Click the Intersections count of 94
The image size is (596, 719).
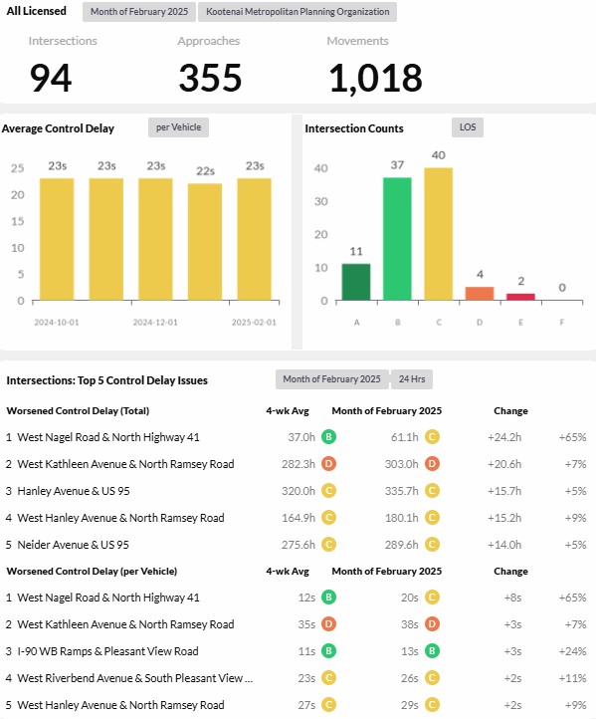coord(51,78)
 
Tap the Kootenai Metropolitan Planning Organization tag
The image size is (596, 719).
coord(298,12)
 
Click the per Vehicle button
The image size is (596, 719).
coord(178,127)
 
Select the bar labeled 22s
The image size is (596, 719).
coord(205,242)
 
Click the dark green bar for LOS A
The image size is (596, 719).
coord(356,282)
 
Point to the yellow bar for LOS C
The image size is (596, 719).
coord(439,234)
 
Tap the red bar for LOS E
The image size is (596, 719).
coord(520,297)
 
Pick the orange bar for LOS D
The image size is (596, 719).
coord(480,294)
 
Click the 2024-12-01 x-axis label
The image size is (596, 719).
coord(155,323)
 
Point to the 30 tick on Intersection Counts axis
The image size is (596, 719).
coord(320,201)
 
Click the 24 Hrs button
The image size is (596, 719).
coord(412,379)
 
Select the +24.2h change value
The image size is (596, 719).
coord(504,437)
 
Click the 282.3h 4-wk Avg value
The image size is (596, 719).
coord(298,464)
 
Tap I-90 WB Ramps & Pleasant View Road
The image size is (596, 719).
coord(107,651)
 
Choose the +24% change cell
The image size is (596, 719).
coord(573,651)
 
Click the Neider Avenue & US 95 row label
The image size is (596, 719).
coord(73,545)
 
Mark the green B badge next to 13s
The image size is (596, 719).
coord(432,650)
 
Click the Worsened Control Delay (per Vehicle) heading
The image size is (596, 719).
coord(92,572)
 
